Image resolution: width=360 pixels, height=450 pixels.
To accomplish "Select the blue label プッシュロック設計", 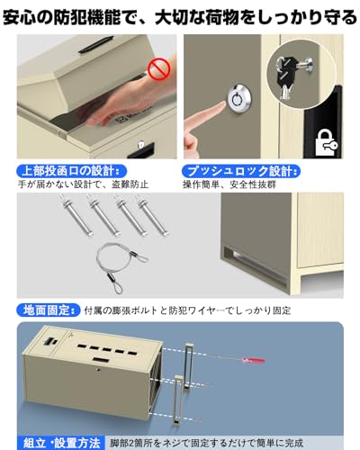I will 232,171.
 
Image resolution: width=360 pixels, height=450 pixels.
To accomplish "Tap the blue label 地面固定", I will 46,309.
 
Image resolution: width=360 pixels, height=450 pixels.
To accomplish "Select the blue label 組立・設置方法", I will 54,443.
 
